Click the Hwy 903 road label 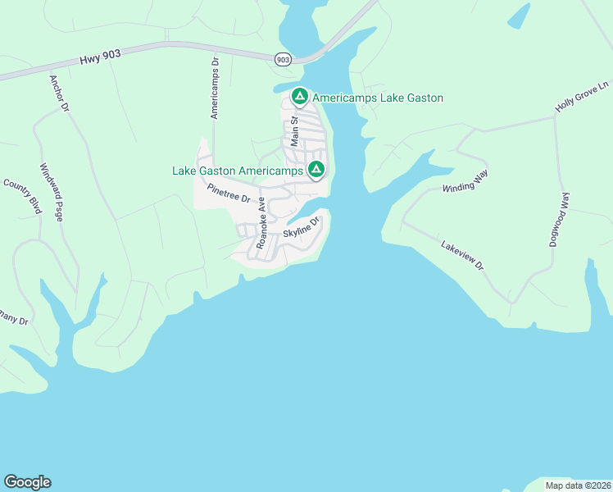click(x=100, y=60)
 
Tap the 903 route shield click(x=283, y=59)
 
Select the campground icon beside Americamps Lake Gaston click(x=300, y=97)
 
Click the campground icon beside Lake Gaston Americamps click(x=316, y=170)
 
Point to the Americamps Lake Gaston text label click(x=378, y=98)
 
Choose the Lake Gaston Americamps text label click(x=237, y=171)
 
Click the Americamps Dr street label click(x=215, y=88)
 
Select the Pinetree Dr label click(x=228, y=194)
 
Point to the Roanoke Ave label click(x=262, y=222)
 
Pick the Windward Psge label click(x=52, y=191)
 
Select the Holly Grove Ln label click(x=583, y=97)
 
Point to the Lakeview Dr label click(x=463, y=256)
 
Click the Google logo click(x=27, y=482)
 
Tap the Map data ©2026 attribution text click(x=577, y=485)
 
